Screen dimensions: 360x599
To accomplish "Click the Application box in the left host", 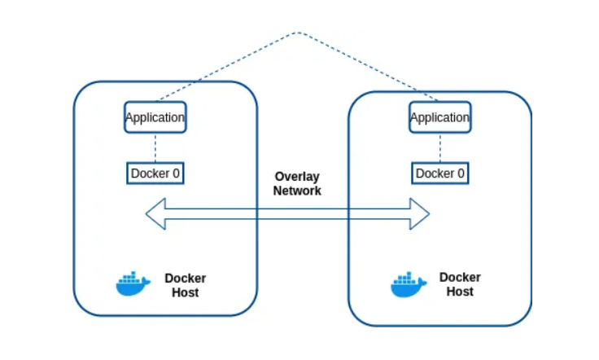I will pyautogui.click(x=155, y=117).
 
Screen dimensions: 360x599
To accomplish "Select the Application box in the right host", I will pyautogui.click(x=439, y=117).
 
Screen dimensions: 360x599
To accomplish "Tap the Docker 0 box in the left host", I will pyautogui.click(x=155, y=173).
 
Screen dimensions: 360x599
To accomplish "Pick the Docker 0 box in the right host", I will pyautogui.click(x=440, y=173).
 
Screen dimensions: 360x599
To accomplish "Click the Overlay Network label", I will pyautogui.click(x=297, y=183).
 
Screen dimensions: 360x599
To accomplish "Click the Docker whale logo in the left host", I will pyautogui.click(x=133, y=283).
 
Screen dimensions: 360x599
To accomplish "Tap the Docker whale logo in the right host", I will pyautogui.click(x=408, y=284).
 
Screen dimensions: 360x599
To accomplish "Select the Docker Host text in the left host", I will pyautogui.click(x=186, y=284).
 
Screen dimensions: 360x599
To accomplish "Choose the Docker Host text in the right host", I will pyautogui.click(x=460, y=283).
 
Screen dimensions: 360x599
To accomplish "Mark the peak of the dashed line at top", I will pyautogui.click(x=297, y=33).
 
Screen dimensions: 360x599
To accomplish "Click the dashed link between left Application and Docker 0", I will pyautogui.click(x=155, y=149).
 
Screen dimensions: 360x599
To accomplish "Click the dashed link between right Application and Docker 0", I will pyautogui.click(x=440, y=149).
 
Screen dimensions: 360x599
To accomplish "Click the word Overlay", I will pyautogui.click(x=297, y=176).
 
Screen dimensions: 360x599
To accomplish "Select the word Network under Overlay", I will pyautogui.click(x=297, y=191).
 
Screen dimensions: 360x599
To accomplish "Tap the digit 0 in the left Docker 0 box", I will pyautogui.click(x=175, y=173).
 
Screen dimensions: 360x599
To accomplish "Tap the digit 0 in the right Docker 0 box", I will pyautogui.click(x=461, y=173).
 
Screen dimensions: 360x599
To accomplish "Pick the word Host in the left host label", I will pyautogui.click(x=186, y=292).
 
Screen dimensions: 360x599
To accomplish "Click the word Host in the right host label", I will pyautogui.click(x=460, y=291).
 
